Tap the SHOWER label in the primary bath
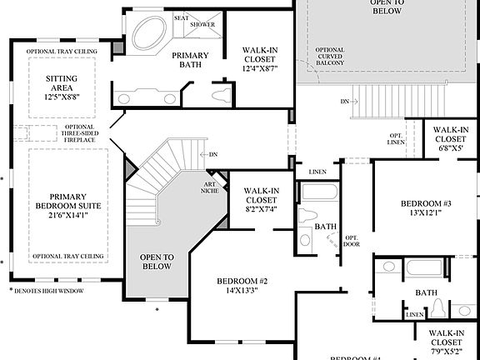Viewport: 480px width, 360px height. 202,24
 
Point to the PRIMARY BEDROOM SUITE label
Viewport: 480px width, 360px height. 62,199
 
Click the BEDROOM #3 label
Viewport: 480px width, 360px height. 425,204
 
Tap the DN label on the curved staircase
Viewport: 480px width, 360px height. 212,154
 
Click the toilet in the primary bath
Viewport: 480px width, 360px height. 219,95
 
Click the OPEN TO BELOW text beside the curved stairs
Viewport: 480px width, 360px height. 157,262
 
